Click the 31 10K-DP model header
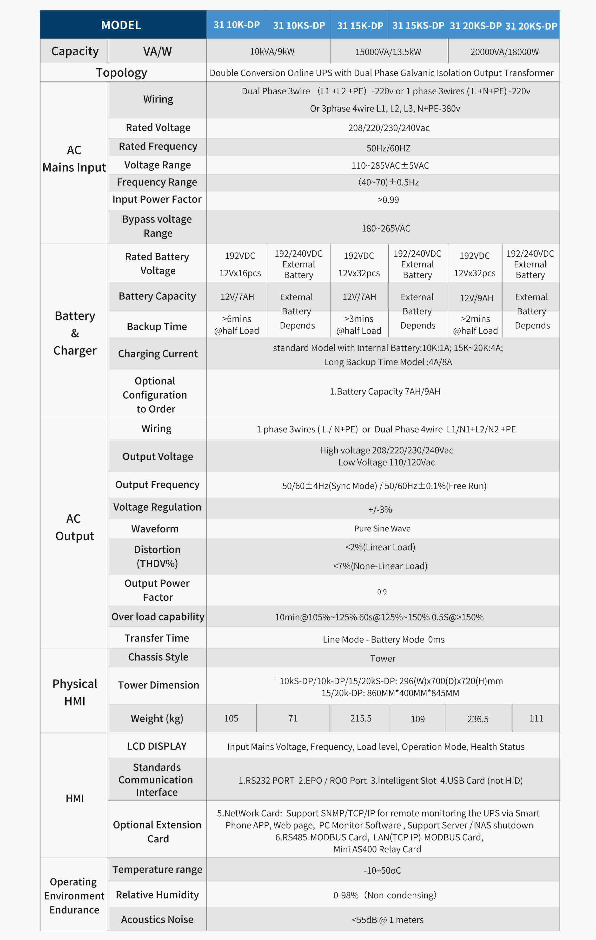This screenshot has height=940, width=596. [236, 25]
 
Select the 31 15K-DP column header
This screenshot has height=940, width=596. [360, 26]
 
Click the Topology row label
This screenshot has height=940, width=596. [121, 73]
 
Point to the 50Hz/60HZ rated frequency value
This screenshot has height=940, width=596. [388, 148]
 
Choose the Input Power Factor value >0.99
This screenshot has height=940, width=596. [388, 200]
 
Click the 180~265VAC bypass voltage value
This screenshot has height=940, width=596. [386, 228]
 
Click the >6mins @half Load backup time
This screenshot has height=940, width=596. [236, 325]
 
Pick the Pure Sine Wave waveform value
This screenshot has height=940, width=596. [382, 529]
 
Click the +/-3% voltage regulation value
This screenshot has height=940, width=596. [380, 509]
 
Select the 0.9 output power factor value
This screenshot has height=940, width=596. [382, 592]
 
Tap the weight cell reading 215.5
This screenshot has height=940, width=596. [360, 718]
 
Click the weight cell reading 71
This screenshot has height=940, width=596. [293, 718]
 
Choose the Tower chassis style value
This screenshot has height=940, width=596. [383, 659]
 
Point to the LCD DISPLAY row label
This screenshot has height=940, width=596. [157, 746]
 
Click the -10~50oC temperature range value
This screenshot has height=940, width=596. [382, 870]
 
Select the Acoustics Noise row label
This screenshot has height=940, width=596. [157, 919]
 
